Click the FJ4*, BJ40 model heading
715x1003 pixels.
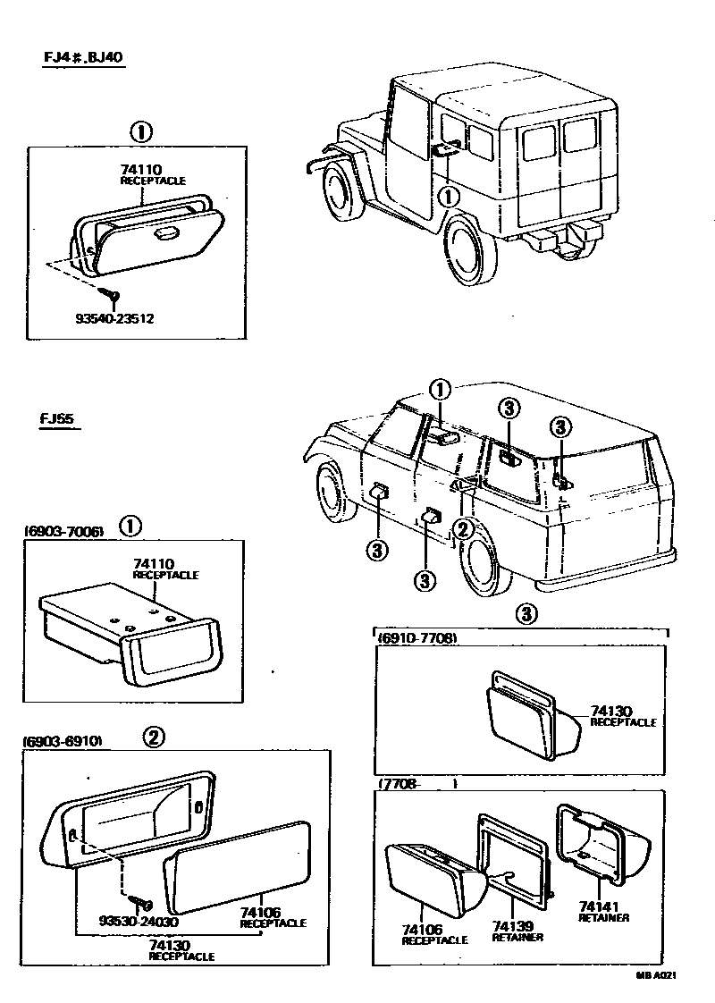83,58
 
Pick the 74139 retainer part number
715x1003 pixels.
517,926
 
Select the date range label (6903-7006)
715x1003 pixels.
63,531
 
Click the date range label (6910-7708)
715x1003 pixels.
417,638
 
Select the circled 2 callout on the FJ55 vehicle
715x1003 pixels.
462,529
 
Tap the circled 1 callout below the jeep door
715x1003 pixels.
449,194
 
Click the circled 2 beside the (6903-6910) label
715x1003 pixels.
154,737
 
